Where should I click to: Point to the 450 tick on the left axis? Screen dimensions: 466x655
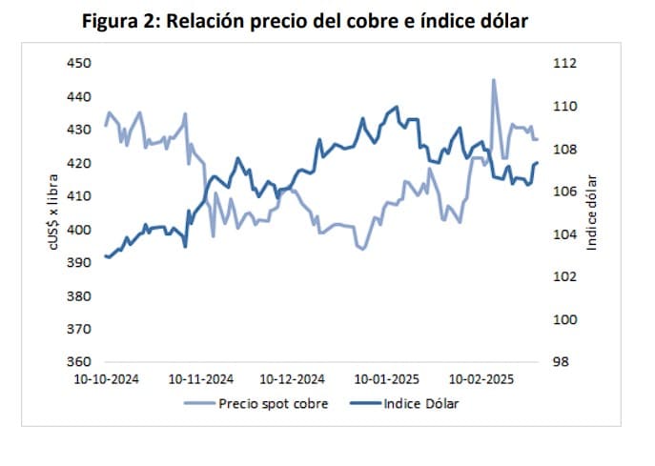77,64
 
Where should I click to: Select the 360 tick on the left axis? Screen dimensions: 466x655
77,362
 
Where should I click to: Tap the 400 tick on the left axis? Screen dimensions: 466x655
77,230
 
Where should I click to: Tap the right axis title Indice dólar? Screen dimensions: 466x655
591,212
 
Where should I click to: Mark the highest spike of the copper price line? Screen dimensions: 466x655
494,80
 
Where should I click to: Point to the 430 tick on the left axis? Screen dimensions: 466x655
77,131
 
